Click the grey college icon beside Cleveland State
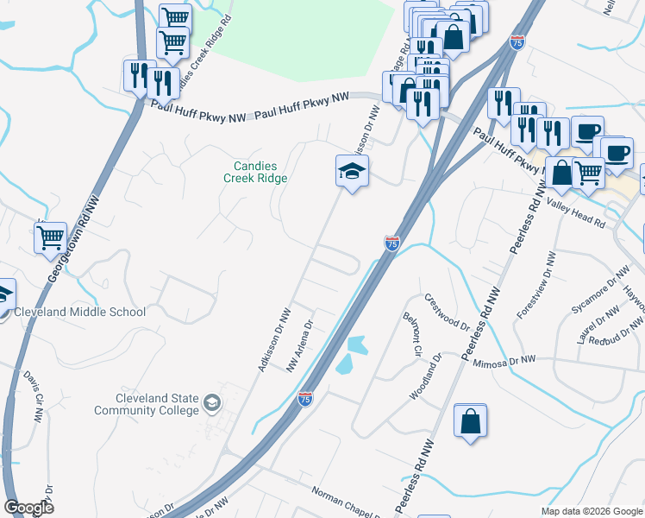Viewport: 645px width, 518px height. click(x=212, y=402)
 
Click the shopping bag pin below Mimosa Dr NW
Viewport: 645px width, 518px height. click(x=470, y=422)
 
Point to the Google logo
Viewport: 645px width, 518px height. click(x=28, y=508)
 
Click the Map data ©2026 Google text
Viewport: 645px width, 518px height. click(x=591, y=511)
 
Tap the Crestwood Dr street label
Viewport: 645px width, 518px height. click(x=447, y=314)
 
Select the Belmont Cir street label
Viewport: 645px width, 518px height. click(x=410, y=334)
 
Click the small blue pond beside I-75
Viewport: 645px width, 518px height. click(x=354, y=354)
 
